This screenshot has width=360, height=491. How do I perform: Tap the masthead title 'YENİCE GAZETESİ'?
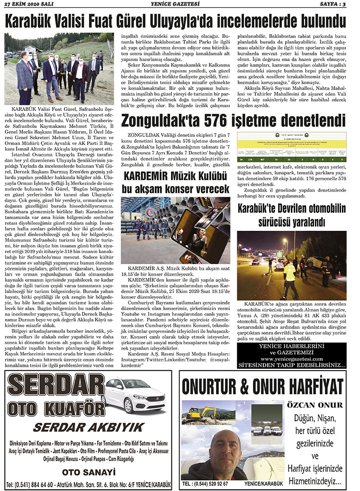point(180,4)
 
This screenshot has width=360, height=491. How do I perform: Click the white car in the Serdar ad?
point(133,394)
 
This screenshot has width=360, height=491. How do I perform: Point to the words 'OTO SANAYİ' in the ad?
point(89,473)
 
